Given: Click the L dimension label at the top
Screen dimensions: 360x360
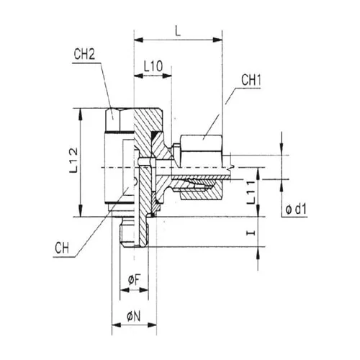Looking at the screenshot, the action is (x=178, y=31).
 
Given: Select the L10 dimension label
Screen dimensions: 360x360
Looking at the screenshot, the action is (x=153, y=66).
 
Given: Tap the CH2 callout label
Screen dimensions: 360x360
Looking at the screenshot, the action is (x=84, y=54).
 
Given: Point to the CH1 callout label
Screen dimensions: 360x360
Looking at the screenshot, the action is (x=251, y=80).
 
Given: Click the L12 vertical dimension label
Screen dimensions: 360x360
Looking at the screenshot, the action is (x=73, y=160).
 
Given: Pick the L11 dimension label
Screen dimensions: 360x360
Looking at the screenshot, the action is (x=251, y=192).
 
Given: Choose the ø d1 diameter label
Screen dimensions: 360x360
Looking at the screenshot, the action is (x=296, y=210).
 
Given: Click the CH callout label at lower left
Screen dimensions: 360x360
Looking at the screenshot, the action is (x=62, y=248).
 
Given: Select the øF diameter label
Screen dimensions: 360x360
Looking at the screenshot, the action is (x=134, y=280).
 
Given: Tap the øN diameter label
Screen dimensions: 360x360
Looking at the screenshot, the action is (x=134, y=317).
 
